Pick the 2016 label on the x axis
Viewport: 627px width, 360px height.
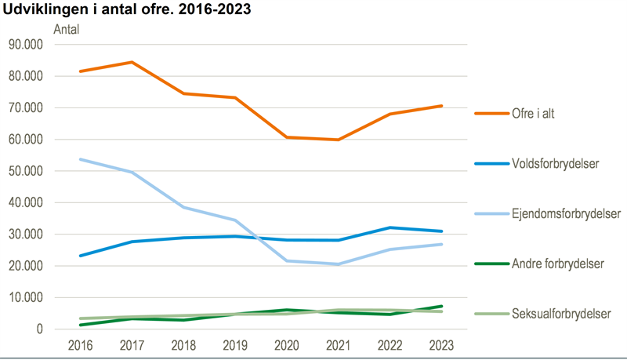(x=80, y=345)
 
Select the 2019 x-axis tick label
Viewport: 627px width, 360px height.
(x=235, y=345)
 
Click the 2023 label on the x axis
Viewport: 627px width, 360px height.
(x=442, y=345)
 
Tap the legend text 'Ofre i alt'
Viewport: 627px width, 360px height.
(x=541, y=114)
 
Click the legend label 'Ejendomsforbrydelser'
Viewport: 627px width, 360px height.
(x=567, y=213)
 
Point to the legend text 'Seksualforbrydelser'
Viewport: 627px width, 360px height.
(x=563, y=314)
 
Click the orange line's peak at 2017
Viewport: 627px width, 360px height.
(x=132, y=62)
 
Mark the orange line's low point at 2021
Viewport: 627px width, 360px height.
(x=339, y=140)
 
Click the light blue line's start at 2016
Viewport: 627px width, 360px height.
(x=80, y=159)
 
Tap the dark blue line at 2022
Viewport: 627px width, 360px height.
(x=390, y=227)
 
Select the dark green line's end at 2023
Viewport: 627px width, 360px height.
(x=442, y=306)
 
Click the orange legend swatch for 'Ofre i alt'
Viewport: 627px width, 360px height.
(x=491, y=114)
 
